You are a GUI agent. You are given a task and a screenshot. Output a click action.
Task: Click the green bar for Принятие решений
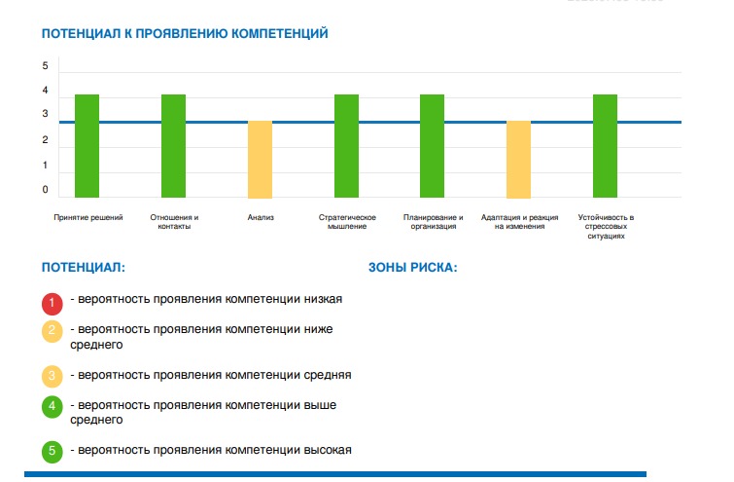coord(87,146)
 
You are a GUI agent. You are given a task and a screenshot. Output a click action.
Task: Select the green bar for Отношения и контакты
coord(174,146)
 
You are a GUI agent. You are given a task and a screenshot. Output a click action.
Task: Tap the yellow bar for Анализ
coord(260,160)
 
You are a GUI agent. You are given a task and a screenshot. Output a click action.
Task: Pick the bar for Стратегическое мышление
coord(346,146)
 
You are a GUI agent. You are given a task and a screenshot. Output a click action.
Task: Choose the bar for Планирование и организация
coord(432,146)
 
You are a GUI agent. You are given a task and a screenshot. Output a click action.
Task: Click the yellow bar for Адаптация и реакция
coord(519,160)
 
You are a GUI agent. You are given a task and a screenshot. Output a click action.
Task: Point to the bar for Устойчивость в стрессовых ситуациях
coord(606,146)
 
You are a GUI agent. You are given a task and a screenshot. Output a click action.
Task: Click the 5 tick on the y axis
coord(45,65)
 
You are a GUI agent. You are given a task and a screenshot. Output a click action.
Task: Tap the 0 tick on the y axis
coord(45,190)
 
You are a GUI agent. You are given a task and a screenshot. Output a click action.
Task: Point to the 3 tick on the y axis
coord(45,114)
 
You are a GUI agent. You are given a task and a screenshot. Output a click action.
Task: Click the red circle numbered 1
coord(52,304)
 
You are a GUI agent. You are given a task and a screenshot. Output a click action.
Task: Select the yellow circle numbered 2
coord(52,331)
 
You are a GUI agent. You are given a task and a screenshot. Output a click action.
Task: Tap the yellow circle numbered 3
coord(52,377)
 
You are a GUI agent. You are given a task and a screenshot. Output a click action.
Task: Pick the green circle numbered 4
coord(52,406)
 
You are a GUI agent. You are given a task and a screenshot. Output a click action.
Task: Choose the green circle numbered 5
coord(52,452)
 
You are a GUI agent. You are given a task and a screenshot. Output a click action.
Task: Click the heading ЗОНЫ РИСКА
coord(413,268)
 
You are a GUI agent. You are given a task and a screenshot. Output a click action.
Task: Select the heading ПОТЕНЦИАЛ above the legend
coord(84,268)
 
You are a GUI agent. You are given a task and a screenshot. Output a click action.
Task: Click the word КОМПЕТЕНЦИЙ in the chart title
coord(280,34)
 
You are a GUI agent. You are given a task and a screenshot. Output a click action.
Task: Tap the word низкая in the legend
coord(323,299)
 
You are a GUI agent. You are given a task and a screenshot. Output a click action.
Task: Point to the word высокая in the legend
coord(328,450)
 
